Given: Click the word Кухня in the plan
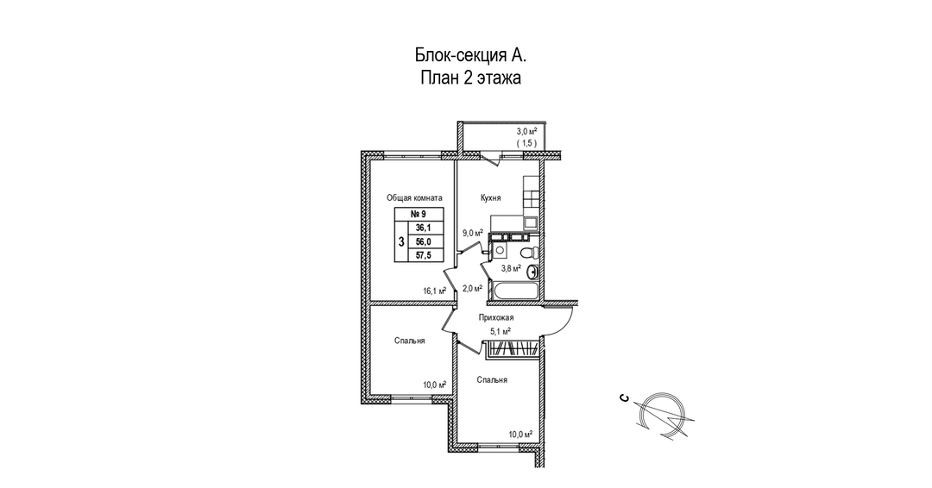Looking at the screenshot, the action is click(x=490, y=198).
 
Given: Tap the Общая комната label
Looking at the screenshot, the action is click(x=414, y=198).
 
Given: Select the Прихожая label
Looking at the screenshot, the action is click(x=495, y=317).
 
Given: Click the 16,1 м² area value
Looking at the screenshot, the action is click(x=434, y=291).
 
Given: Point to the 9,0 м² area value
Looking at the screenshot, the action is click(x=473, y=233).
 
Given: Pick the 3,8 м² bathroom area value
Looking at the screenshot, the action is click(x=511, y=268).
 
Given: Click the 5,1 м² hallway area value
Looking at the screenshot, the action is click(x=501, y=332).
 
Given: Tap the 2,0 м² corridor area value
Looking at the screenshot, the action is click(x=472, y=289).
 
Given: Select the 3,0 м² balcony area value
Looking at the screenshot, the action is click(x=526, y=131).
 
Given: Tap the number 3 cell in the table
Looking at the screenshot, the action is click(x=401, y=241).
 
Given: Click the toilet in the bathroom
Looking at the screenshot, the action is click(x=528, y=253).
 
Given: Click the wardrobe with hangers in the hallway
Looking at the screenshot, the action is click(x=513, y=348).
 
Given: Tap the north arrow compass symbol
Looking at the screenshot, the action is click(x=660, y=415).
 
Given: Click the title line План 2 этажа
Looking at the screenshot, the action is click(x=471, y=78).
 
